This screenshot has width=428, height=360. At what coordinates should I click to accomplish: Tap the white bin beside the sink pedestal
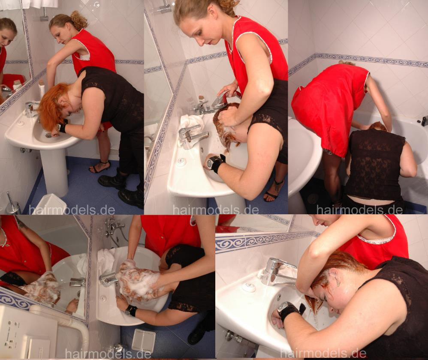click(x=51, y=204)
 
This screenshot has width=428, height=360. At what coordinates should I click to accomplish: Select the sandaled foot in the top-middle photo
click(x=273, y=191)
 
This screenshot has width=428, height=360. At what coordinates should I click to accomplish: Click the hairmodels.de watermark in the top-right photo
click(x=359, y=210)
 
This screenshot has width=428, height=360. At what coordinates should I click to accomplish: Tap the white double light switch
click(x=144, y=339)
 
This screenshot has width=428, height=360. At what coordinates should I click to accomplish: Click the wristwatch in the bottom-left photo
click(x=131, y=310)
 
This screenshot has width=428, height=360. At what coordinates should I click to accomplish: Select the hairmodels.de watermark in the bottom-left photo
click(x=108, y=354)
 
